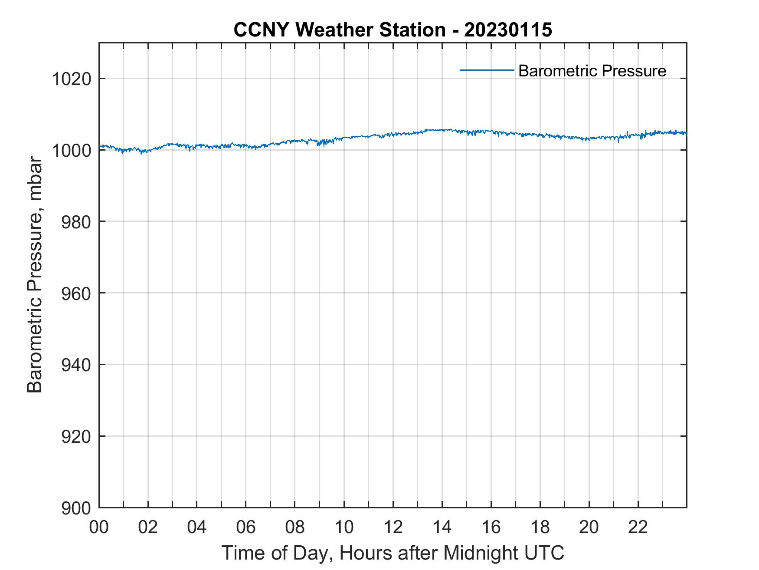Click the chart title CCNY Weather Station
[339, 30]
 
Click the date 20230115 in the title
[508, 30]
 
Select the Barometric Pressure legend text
[592, 71]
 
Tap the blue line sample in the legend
[487, 70]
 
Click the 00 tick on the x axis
[99, 527]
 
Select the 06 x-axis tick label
[246, 527]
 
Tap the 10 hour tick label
[344, 527]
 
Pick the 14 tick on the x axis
[442, 527]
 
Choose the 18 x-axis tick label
[540, 527]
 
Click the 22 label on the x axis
[638, 527]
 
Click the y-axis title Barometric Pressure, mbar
[35, 275]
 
